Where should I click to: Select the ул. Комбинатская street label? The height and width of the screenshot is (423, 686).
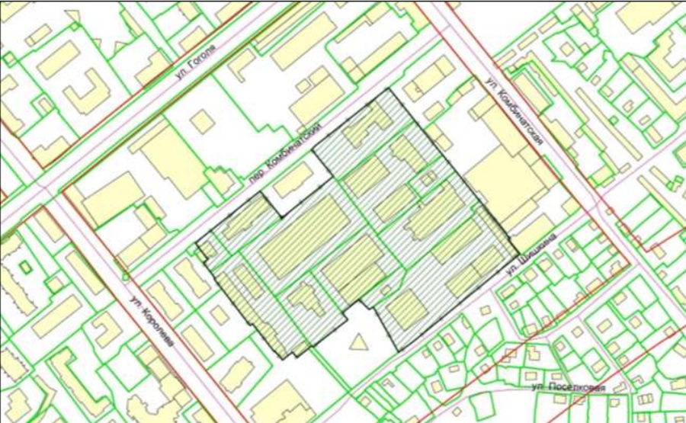516,114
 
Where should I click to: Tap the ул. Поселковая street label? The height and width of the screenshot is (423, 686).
568,388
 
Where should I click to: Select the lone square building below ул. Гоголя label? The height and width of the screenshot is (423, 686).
202,121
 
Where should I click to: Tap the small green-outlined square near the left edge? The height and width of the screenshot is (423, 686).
25,268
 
